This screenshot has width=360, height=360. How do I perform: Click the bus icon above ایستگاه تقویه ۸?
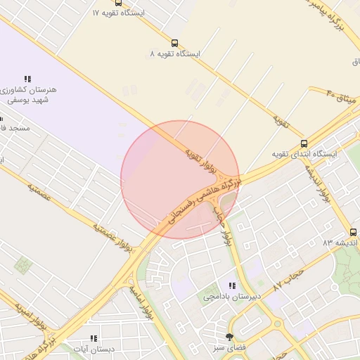[x=175, y=42]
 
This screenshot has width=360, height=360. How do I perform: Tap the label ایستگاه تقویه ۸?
[x=175, y=53]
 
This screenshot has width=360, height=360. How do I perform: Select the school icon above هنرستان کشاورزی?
[x=27, y=79]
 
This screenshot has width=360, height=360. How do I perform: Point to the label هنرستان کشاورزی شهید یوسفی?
[x=27, y=96]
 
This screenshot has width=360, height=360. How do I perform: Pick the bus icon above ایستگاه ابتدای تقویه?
[x=304, y=143]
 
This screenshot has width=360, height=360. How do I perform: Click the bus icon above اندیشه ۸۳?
[x=353, y=232]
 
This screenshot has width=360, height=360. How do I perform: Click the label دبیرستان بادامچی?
[x=232, y=297]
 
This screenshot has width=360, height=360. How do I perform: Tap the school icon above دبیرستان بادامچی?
[x=232, y=285]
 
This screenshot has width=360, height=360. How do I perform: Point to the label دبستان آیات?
[x=98, y=349]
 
